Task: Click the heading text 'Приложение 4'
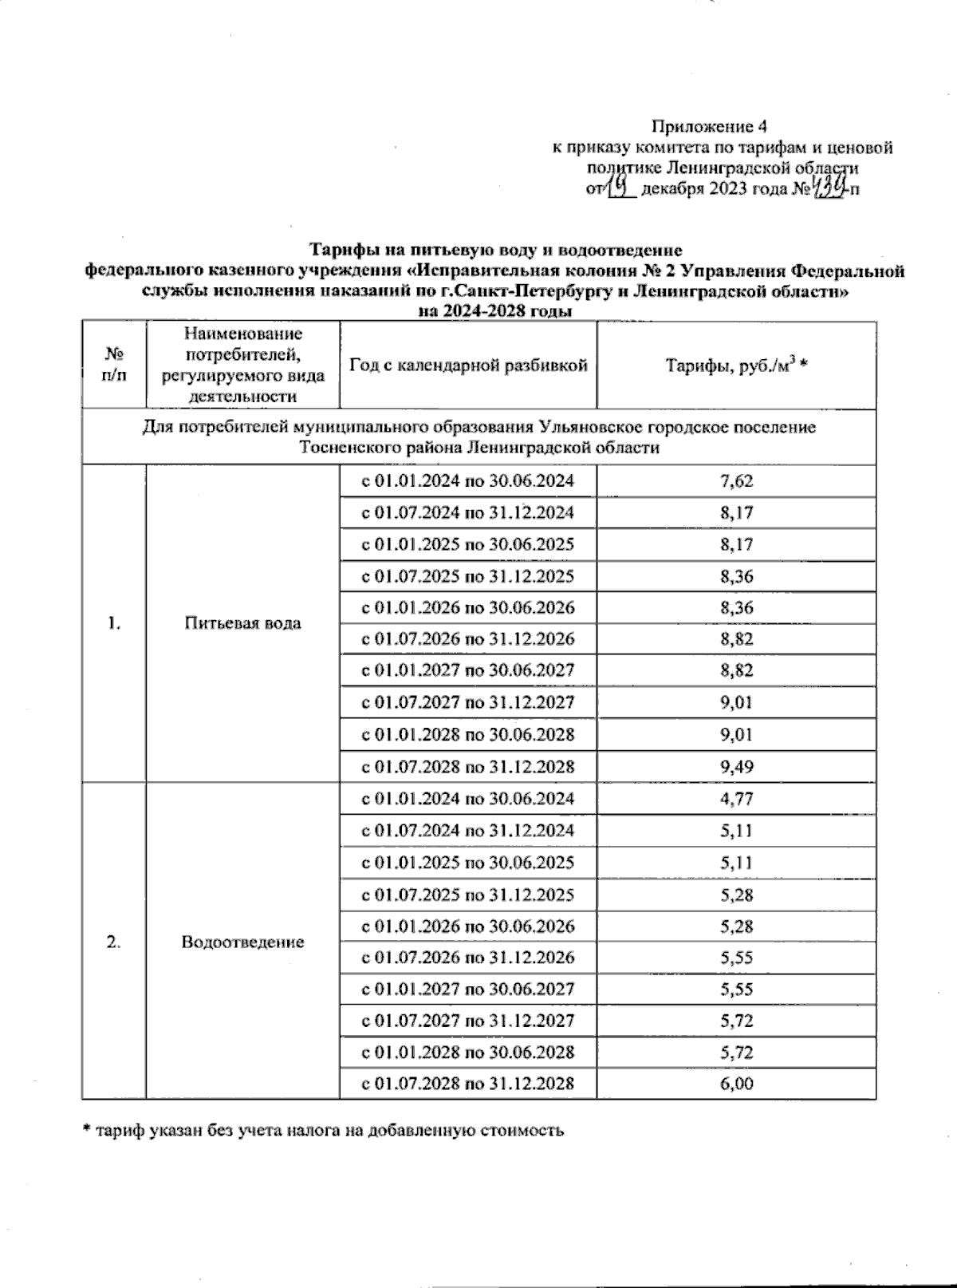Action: pyautogui.click(x=709, y=126)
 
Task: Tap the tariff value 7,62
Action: pyautogui.click(x=736, y=481)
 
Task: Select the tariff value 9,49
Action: pyautogui.click(x=736, y=767)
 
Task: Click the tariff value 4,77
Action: pyautogui.click(x=736, y=799)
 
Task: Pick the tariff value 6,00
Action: pyautogui.click(x=736, y=1084)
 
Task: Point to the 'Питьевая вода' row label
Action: pyautogui.click(x=242, y=623)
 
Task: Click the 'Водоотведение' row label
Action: pyautogui.click(x=242, y=942)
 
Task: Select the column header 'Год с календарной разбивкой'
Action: pyautogui.click(x=468, y=365)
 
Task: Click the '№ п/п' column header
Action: pyautogui.click(x=113, y=365)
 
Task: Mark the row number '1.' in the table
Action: pyautogui.click(x=113, y=623)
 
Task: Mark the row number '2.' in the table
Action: pyautogui.click(x=113, y=942)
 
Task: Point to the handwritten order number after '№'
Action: pyautogui.click(x=829, y=189)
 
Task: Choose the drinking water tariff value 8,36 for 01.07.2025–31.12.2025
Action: pyautogui.click(x=736, y=576)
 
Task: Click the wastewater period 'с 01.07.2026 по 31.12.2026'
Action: pyautogui.click(x=468, y=958)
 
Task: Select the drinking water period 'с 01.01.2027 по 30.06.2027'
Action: pyautogui.click(x=468, y=670)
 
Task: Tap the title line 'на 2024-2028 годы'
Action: pyautogui.click(x=496, y=311)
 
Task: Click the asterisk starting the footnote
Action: pyautogui.click(x=87, y=1130)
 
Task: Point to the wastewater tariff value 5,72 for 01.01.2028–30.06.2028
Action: pyautogui.click(x=736, y=1052)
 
